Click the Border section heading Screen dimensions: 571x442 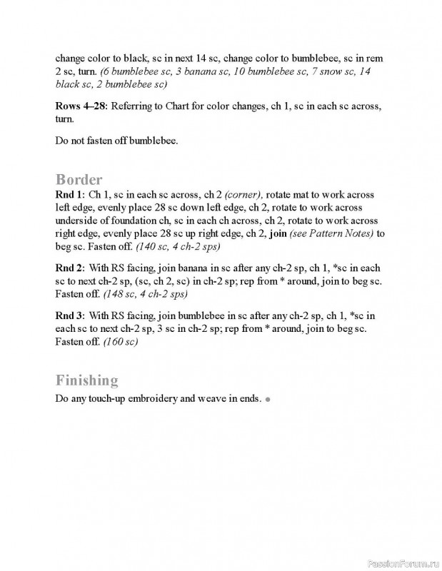(79, 179)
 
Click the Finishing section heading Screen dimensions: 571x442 (86, 380)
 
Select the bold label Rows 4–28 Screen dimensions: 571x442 (81, 106)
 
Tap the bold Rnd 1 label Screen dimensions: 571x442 (69, 195)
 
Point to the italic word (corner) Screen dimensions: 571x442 (243, 195)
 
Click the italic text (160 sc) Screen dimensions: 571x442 (121, 342)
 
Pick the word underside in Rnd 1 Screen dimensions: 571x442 (79, 221)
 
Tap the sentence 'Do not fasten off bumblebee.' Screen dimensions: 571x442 (116, 140)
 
